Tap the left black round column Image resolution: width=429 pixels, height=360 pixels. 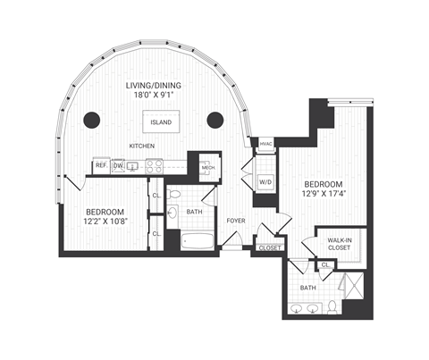[90, 120]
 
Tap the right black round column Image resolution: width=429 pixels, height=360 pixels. [214, 120]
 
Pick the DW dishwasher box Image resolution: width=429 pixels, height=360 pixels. [118, 164]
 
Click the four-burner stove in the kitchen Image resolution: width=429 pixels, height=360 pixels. [153, 164]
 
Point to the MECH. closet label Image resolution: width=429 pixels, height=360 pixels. [207, 166]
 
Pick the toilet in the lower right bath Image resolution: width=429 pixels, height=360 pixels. [332, 307]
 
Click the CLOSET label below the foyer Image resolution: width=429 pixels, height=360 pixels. [267, 248]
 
